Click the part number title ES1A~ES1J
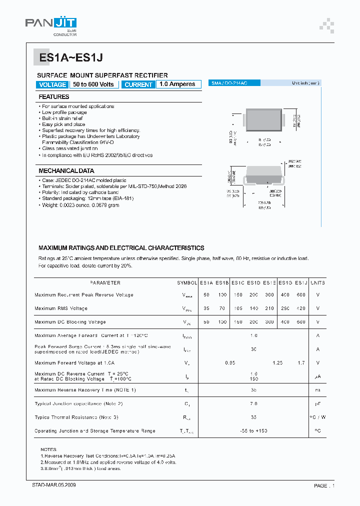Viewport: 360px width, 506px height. [71, 58]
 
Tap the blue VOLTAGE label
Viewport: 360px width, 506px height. [52, 84]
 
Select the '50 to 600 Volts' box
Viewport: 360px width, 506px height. [93, 84]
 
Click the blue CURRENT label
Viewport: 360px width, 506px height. [138, 84]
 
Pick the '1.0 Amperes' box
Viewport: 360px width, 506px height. [178, 84]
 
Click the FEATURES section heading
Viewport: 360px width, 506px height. [54, 97]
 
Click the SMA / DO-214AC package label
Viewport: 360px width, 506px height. [227, 83]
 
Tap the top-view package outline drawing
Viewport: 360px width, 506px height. [264, 120]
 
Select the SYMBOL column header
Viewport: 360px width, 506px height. [187, 283]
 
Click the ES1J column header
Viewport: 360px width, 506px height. [300, 283]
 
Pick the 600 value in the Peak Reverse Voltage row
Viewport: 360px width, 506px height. [300, 295]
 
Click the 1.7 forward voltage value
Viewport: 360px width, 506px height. [300, 363]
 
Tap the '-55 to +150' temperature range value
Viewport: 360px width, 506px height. [254, 431]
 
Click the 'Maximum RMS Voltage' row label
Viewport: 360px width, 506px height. [61, 308]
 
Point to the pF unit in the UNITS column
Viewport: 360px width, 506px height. [317, 404]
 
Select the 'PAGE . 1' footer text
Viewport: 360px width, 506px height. [324, 485]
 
